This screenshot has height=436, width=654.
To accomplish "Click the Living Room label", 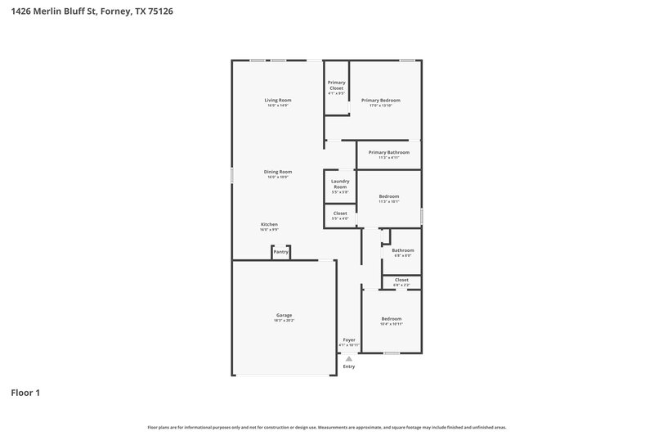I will click(278, 100).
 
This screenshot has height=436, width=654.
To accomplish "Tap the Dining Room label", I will click(278, 172).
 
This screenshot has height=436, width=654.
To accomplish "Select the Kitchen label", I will click(270, 224).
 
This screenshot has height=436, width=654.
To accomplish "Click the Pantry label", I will click(280, 252).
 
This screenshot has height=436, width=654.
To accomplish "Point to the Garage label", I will click(284, 315).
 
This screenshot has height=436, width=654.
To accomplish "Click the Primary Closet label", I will click(337, 84).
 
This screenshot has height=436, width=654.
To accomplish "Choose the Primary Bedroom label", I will click(381, 100).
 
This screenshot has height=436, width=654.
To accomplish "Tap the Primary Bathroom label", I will click(388, 152).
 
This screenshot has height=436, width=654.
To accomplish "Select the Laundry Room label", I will click(340, 184).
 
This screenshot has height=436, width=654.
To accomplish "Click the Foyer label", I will click(349, 339).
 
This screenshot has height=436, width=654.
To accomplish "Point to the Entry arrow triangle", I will click(349, 358).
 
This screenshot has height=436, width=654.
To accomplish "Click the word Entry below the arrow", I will click(349, 366).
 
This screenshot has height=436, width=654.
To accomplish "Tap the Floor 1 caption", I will click(25, 393).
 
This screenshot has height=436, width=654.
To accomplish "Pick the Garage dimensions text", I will click(284, 321).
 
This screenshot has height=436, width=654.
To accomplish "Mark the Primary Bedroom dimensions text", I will click(381, 106).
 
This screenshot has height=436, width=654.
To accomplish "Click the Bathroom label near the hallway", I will click(403, 250).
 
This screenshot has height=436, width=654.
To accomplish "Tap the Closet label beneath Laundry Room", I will click(340, 214).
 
